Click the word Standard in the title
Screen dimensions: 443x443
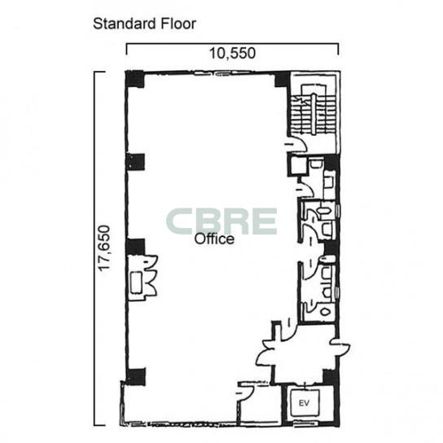(125, 24)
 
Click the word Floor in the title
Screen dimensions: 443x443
(178, 24)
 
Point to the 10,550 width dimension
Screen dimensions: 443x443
(232, 53)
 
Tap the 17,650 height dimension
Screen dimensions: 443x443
(103, 248)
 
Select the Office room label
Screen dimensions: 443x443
(214, 239)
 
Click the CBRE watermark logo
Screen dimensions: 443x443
(221, 221)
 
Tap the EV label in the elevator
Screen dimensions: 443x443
(304, 403)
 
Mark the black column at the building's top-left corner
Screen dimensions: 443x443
(134, 79)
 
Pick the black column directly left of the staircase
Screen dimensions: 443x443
(283, 79)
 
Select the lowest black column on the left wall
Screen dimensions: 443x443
(136, 376)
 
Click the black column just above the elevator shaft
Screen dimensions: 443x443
(331, 376)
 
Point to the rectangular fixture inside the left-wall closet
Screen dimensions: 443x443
(137, 282)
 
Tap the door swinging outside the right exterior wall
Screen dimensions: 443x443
(340, 346)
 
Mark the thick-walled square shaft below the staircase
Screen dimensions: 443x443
(297, 166)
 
